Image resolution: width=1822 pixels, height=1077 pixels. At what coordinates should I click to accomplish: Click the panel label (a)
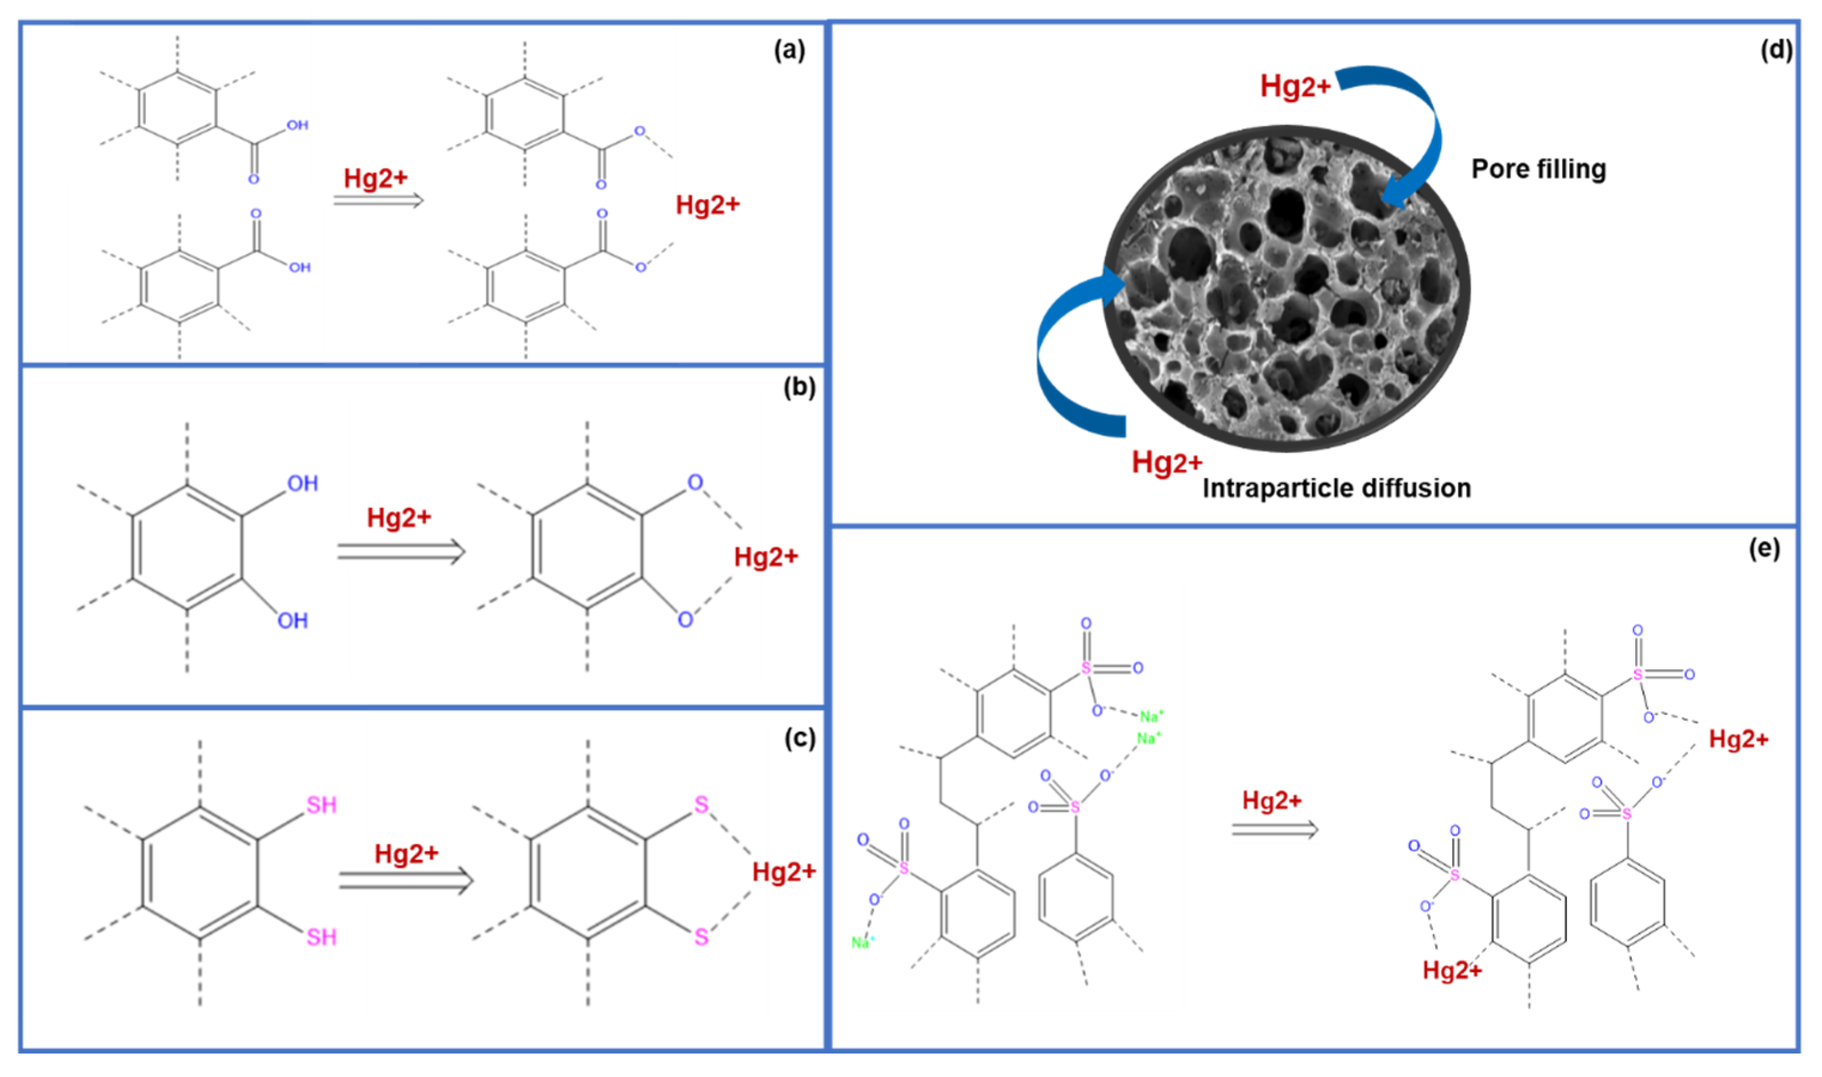pyautogui.click(x=789, y=51)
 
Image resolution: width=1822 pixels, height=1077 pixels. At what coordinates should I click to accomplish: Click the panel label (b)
pyautogui.click(x=799, y=388)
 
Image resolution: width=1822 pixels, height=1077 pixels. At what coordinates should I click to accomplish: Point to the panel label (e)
pyautogui.click(x=1764, y=549)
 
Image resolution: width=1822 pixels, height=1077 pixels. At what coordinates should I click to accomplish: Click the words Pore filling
pyautogui.click(x=1538, y=169)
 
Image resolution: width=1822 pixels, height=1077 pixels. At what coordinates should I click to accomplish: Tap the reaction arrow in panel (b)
pyautogui.click(x=400, y=552)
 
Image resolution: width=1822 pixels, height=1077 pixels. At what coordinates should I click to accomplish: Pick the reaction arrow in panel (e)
pyautogui.click(x=1274, y=829)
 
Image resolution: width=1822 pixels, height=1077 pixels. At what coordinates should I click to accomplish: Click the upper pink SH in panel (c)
pyautogui.click(x=321, y=805)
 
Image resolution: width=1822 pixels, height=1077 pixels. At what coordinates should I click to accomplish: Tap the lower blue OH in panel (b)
pyautogui.click(x=293, y=620)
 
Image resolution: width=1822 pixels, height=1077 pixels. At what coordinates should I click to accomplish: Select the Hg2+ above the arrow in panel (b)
pyautogui.click(x=399, y=518)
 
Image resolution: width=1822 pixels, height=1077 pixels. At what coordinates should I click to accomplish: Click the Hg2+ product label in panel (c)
pyautogui.click(x=784, y=871)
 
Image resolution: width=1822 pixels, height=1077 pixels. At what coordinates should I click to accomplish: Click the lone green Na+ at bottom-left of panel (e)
pyautogui.click(x=863, y=943)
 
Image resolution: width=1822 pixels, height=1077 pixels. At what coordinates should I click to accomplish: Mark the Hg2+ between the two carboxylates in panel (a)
pyautogui.click(x=707, y=205)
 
